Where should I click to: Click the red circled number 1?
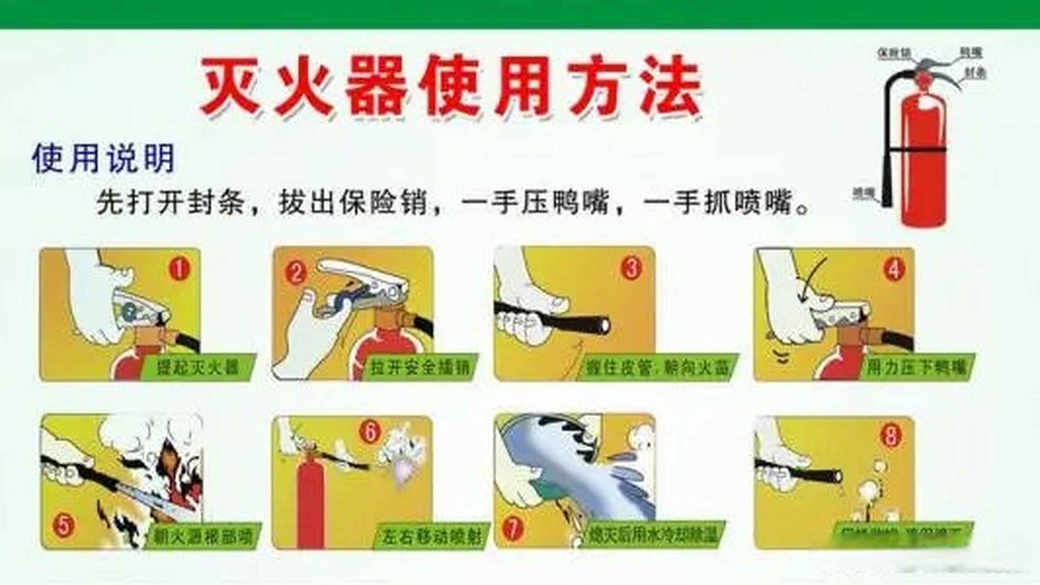[179, 269]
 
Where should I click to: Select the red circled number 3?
[631, 268]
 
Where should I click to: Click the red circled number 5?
[63, 526]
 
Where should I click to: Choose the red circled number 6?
[370, 432]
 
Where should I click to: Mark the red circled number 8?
[890, 436]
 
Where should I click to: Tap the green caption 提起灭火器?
[198, 367]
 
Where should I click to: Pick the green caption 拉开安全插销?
[420, 367]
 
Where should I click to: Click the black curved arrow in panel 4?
[812, 278]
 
